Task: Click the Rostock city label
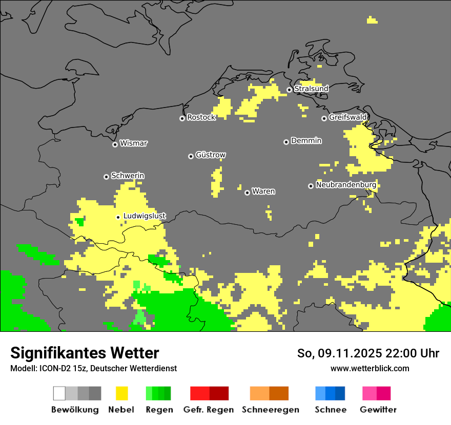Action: pyautogui.click(x=201, y=117)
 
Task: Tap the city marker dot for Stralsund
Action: pyautogui.click(x=289, y=90)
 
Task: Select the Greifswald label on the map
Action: pyautogui.click(x=347, y=117)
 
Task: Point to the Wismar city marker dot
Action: pyautogui.click(x=115, y=144)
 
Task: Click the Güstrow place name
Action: pyautogui.click(x=211, y=155)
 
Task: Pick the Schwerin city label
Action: pyautogui.click(x=128, y=176)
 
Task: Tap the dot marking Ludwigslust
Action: pyautogui.click(x=118, y=217)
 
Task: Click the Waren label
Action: pyautogui.click(x=263, y=192)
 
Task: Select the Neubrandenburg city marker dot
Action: pyautogui.click(x=311, y=186)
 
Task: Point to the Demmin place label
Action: pyautogui.click(x=306, y=140)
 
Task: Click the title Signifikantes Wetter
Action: pyautogui.click(x=85, y=353)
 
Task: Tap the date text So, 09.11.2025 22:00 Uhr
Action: pyautogui.click(x=368, y=353)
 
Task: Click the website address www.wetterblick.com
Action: pyautogui.click(x=370, y=368)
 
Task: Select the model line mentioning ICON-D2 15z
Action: pyautogui.click(x=93, y=368)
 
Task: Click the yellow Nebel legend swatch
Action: pyautogui.click(x=121, y=393)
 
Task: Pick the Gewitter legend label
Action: pyautogui.click(x=378, y=410)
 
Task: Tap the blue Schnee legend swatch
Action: pyautogui.click(x=330, y=393)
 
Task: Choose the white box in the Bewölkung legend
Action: pyautogui.click(x=59, y=393)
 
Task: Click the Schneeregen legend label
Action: pyautogui.click(x=270, y=410)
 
